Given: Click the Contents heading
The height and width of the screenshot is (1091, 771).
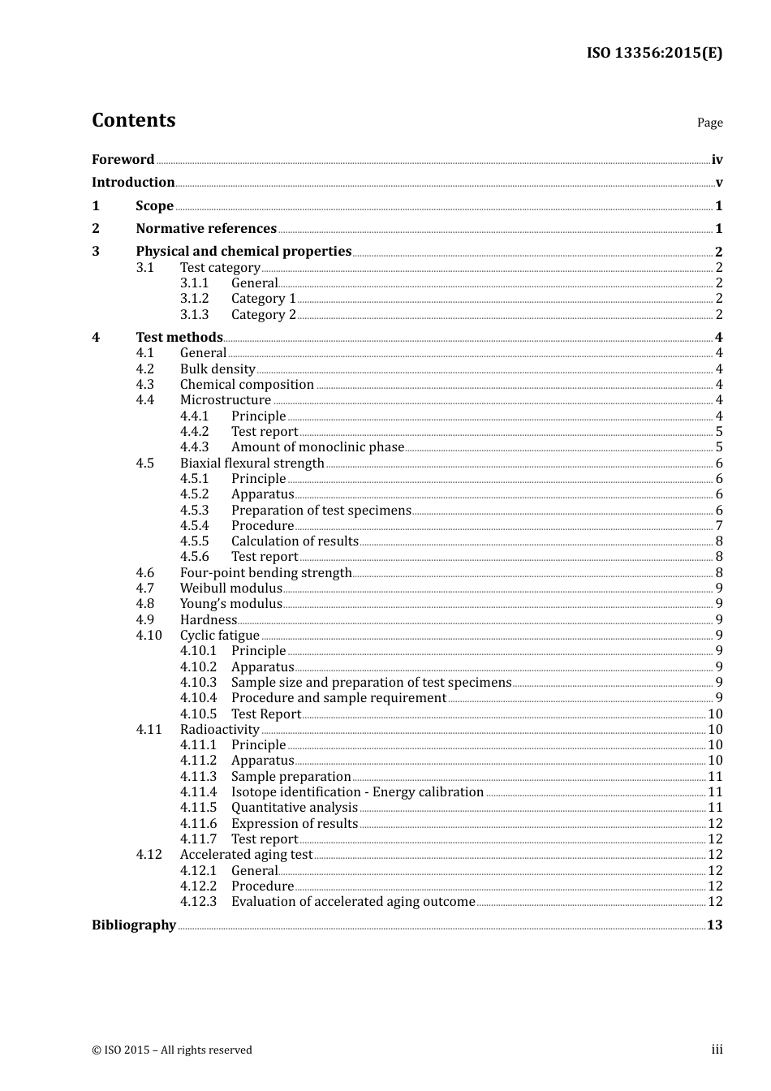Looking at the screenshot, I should [133, 120].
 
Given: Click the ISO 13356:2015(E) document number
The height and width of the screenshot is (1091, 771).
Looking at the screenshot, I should [654, 53].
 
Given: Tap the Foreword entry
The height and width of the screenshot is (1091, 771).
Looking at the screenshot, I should [123, 159].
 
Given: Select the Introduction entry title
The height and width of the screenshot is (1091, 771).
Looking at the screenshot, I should [133, 182].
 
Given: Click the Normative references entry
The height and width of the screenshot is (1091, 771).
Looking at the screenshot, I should [206, 228].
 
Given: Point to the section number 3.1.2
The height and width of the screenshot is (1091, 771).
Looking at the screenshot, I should [194, 298].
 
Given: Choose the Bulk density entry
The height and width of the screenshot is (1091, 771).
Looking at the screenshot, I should [218, 369].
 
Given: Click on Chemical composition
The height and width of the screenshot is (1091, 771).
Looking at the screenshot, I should [247, 384].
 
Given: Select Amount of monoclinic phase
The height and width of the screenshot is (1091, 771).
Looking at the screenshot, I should [317, 446].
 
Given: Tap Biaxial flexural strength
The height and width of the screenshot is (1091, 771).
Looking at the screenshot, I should [252, 463].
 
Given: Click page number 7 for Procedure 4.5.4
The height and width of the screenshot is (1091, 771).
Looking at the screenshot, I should [718, 525].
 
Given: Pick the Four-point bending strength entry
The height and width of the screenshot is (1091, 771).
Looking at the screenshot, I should [265, 572].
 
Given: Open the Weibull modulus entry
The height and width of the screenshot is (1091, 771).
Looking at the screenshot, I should [230, 588].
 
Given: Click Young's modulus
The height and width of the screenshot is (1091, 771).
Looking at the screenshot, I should [230, 603].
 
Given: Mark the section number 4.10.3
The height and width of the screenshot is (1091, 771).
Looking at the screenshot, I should [198, 682].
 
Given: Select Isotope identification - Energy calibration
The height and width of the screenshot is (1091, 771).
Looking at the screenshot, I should [357, 791].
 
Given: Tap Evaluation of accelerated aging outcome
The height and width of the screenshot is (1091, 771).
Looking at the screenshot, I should [353, 901].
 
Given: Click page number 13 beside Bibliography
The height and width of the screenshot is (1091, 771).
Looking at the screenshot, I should [714, 925].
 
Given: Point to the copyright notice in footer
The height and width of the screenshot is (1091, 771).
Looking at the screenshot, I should [172, 1050].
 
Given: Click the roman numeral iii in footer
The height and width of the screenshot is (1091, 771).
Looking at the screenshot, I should [717, 1049].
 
